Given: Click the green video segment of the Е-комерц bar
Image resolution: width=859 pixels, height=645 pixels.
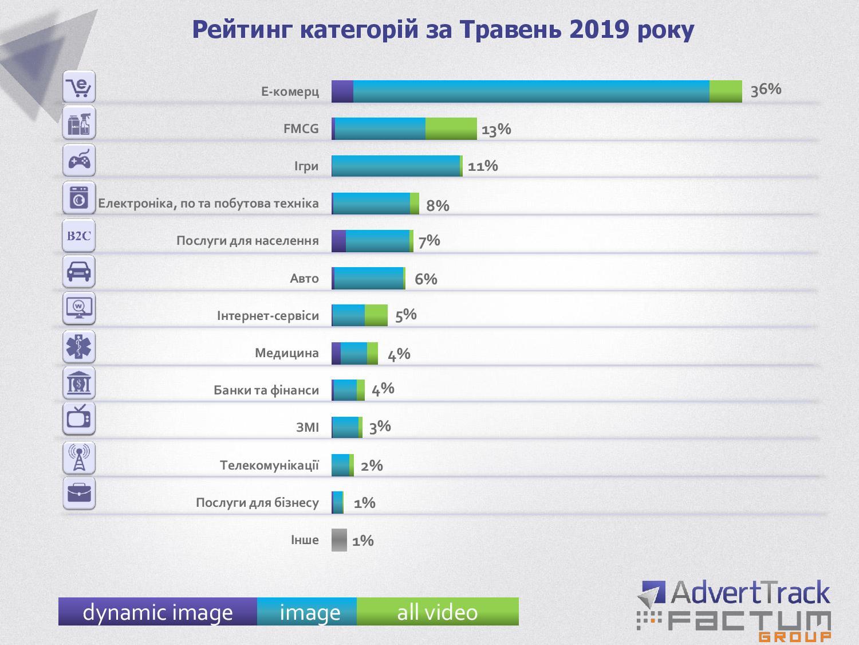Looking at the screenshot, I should (x=726, y=92).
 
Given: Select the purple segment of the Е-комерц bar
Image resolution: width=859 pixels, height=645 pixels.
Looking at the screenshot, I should (x=342, y=92).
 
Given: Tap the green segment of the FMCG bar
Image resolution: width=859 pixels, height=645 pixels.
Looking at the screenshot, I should (x=451, y=128).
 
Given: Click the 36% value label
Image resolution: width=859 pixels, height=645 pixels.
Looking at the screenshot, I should (x=766, y=89).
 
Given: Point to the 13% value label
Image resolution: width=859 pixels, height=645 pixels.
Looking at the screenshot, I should (x=496, y=129).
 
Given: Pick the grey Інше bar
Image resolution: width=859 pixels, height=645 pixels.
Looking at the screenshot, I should (x=339, y=540).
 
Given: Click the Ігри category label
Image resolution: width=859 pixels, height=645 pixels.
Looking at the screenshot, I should (x=306, y=166).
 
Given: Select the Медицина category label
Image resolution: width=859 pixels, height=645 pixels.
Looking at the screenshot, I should (x=286, y=353).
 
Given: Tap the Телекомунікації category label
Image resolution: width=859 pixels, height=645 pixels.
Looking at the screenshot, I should (x=269, y=464).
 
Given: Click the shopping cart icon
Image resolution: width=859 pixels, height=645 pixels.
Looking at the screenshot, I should (x=79, y=87).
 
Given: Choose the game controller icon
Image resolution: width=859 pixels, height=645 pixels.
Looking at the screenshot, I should (x=79, y=160).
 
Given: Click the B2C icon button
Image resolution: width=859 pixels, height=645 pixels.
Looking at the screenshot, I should (x=79, y=236).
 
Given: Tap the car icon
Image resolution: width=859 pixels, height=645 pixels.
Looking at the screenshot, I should (x=79, y=271).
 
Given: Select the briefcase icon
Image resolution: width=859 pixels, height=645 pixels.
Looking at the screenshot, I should (x=79, y=493).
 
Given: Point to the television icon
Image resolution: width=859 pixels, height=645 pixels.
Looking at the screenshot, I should (x=79, y=419).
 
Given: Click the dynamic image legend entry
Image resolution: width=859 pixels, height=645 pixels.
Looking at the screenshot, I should (x=157, y=612).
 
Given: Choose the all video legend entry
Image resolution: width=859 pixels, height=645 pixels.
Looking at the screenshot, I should (x=438, y=612).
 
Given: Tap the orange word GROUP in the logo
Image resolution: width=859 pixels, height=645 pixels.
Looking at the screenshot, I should (x=795, y=636).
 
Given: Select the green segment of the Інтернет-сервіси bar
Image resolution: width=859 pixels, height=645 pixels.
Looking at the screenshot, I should (x=376, y=315).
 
